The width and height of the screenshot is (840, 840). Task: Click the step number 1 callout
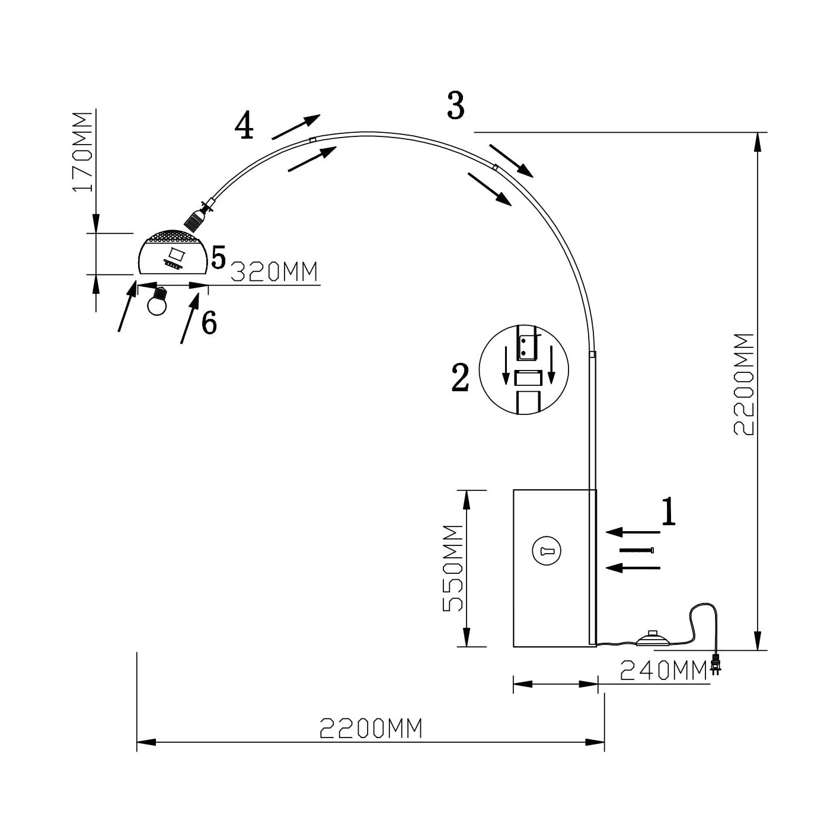pyautogui.click(x=668, y=512)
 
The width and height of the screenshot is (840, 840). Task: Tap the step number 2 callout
pyautogui.click(x=461, y=377)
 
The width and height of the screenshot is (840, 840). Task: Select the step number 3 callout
pyautogui.click(x=455, y=107)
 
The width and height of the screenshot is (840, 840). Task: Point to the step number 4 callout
pyautogui.click(x=244, y=126)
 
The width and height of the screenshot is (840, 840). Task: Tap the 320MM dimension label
pyautogui.click(x=274, y=272)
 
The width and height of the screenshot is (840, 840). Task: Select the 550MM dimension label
pyautogui.click(x=453, y=568)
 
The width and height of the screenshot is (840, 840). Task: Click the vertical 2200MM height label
pyautogui.click(x=743, y=384)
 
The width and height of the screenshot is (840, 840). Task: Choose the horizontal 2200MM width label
pyautogui.click(x=371, y=728)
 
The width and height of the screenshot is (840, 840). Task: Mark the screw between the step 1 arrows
pyautogui.click(x=637, y=550)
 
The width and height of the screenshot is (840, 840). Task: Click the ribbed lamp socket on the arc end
pyautogui.click(x=194, y=220)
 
